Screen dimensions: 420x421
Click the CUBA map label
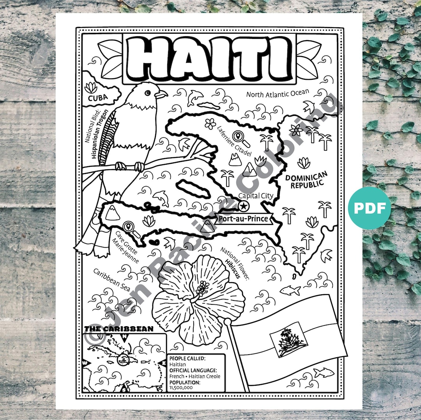[97, 97]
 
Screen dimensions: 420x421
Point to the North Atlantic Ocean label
[277, 93]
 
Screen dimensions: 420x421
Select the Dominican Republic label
[306, 181]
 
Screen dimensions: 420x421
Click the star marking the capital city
[243, 206]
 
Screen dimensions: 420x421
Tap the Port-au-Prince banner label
[243, 218]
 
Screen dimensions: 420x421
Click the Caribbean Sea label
[106, 278]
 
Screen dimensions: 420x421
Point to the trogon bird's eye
[147, 93]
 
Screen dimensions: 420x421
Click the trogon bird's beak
[161, 94]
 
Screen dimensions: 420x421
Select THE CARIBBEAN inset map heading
[119, 329]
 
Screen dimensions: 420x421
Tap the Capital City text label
[256, 196]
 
